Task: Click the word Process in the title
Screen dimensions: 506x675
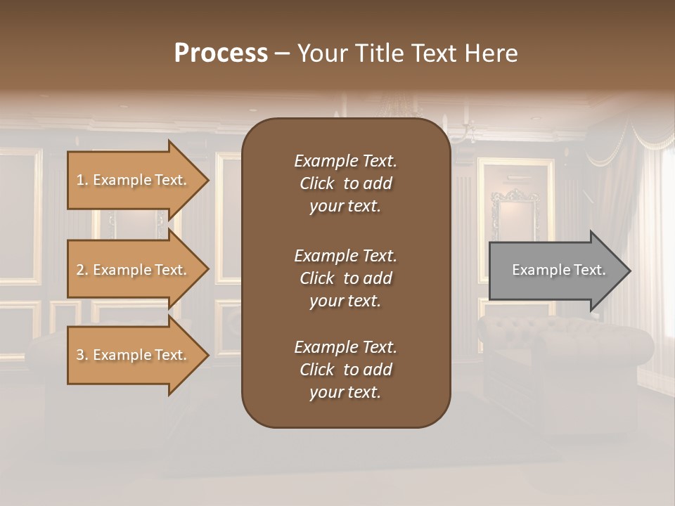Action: click(x=221, y=53)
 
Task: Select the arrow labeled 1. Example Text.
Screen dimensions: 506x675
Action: click(x=134, y=180)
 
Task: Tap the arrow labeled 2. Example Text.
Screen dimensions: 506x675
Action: click(x=134, y=270)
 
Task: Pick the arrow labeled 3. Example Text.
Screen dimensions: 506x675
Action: click(x=134, y=355)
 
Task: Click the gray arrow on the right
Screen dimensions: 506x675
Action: click(x=555, y=270)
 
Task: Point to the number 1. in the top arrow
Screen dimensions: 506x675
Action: click(x=82, y=180)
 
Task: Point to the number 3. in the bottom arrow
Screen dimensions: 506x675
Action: click(x=82, y=355)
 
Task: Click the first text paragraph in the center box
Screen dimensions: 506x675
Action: click(x=345, y=183)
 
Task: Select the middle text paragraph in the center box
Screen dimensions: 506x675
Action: click(x=345, y=278)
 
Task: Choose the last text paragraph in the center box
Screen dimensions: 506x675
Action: click(x=345, y=370)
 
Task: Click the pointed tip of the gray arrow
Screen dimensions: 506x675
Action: click(x=629, y=271)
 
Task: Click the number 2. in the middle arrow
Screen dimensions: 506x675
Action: click(x=82, y=270)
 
